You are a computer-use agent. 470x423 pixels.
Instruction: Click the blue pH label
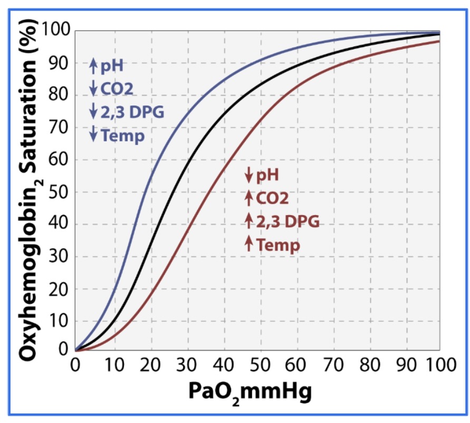(111, 66)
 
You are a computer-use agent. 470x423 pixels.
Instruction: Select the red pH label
(267, 176)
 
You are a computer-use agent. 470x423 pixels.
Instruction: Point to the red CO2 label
(272, 199)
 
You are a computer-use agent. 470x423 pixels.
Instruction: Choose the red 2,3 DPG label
(287, 222)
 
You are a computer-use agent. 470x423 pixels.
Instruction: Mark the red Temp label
(277, 245)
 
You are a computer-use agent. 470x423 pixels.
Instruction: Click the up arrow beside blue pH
(93, 66)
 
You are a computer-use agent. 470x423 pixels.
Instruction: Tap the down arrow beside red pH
(249, 176)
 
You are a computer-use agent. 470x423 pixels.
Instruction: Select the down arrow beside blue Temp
(93, 136)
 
